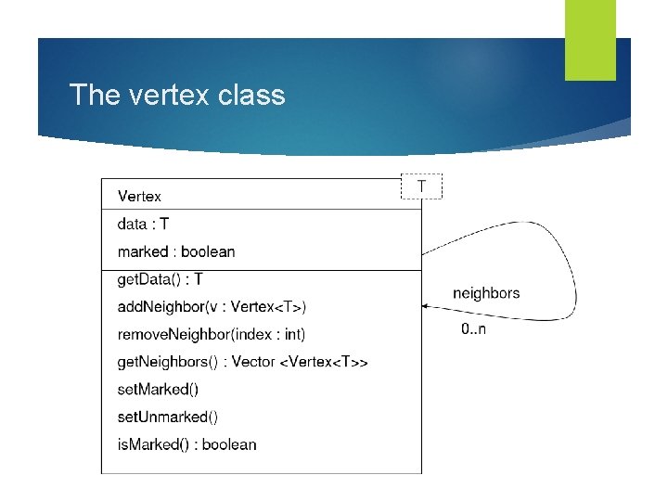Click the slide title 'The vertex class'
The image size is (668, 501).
click(177, 95)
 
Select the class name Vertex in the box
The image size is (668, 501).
click(139, 197)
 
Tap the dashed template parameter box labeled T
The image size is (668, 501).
click(422, 186)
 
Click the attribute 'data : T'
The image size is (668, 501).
click(143, 224)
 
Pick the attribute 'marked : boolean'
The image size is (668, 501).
click(176, 251)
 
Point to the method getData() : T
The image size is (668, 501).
click(161, 279)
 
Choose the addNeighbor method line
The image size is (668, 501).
click(212, 307)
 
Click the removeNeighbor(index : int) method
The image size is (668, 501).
click(212, 334)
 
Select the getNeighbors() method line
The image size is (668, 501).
click(242, 362)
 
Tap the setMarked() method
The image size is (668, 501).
click(158, 389)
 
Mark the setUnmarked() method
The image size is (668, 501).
click(168, 417)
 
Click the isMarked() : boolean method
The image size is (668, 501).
click(186, 444)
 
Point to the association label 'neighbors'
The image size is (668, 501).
click(486, 293)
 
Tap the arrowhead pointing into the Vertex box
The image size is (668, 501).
click(427, 305)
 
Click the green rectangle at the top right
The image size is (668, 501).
click(590, 40)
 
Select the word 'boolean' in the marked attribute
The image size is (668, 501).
click(208, 251)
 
